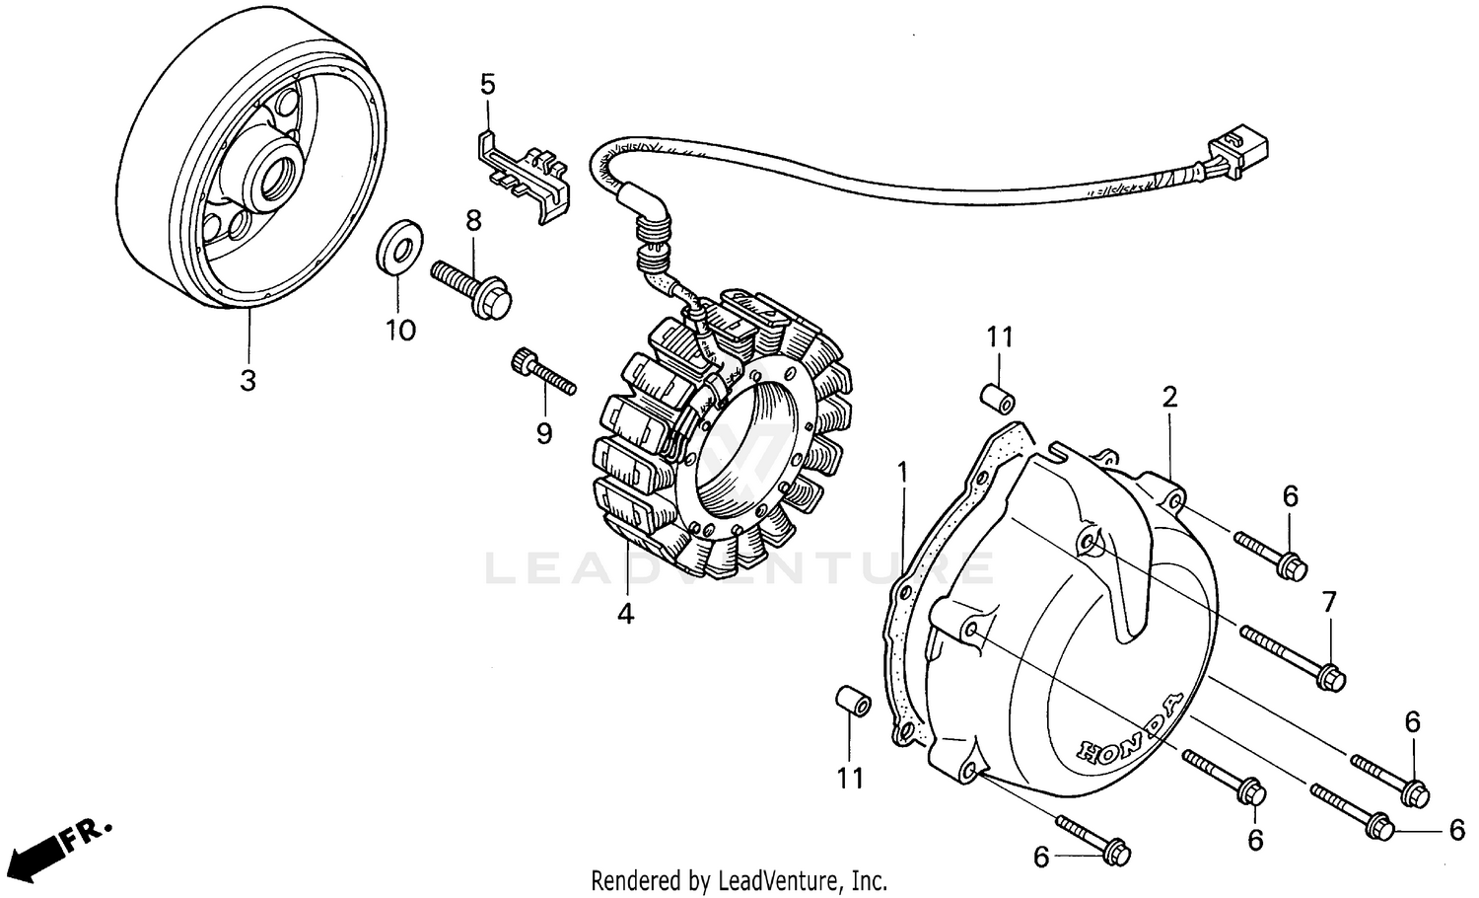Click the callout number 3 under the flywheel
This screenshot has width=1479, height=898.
(247, 380)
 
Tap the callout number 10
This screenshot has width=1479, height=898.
(400, 330)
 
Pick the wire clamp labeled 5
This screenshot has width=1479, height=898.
(523, 173)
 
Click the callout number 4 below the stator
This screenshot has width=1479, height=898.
(625, 614)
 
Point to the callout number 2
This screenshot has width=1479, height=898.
(1169, 398)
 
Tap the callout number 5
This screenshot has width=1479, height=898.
(487, 84)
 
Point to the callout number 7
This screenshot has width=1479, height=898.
(1329, 601)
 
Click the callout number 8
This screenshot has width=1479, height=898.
(473, 221)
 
